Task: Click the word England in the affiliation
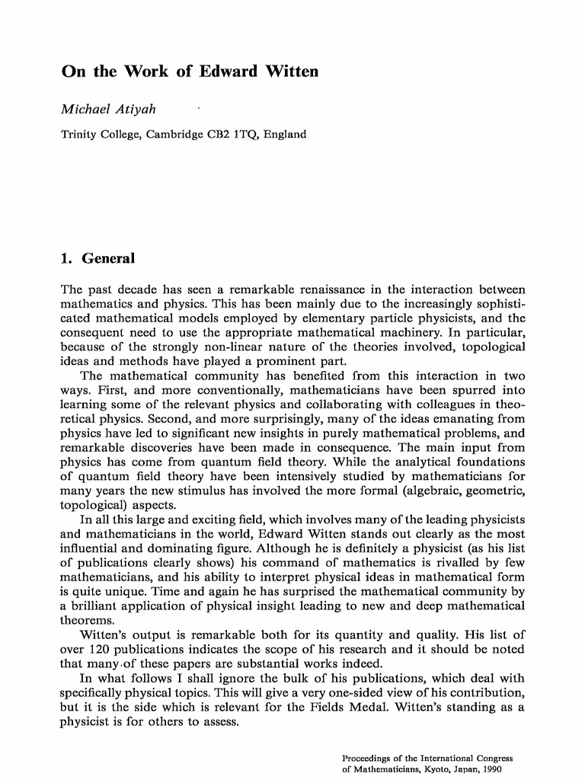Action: (x=285, y=134)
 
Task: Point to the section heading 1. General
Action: (x=97, y=258)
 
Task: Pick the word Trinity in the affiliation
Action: (x=78, y=134)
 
